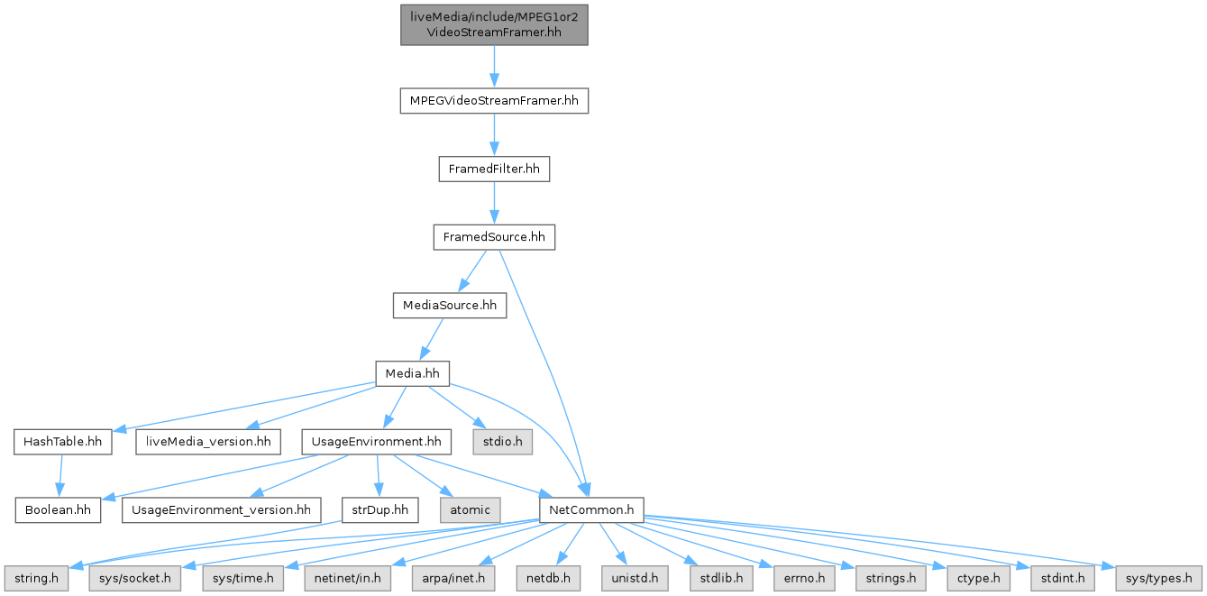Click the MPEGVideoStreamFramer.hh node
point(494,101)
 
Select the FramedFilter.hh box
point(494,170)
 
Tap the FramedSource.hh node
point(494,238)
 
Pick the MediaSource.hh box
point(449,306)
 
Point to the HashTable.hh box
point(62,442)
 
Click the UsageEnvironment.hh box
point(376,442)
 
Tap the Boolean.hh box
point(58,509)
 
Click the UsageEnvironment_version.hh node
point(221,509)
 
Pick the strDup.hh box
point(379,509)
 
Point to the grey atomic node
point(470,509)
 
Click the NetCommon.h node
point(590,509)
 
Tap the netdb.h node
point(548,577)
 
